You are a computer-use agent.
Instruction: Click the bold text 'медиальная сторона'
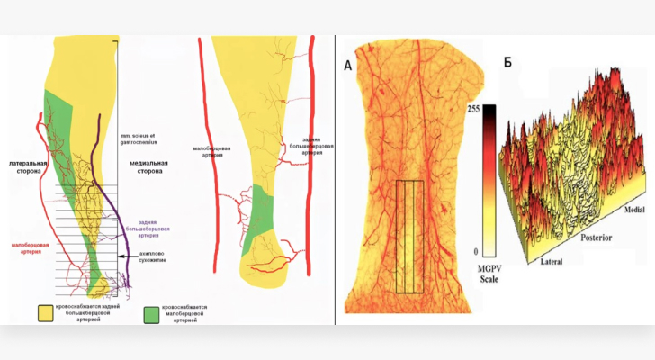144,167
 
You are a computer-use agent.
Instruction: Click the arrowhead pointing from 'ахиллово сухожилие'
119,257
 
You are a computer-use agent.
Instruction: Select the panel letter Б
508,63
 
